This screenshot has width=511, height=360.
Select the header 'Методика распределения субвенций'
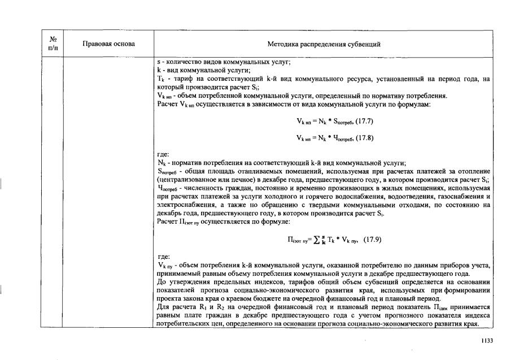(324, 44)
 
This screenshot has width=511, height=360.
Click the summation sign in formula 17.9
(324, 239)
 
